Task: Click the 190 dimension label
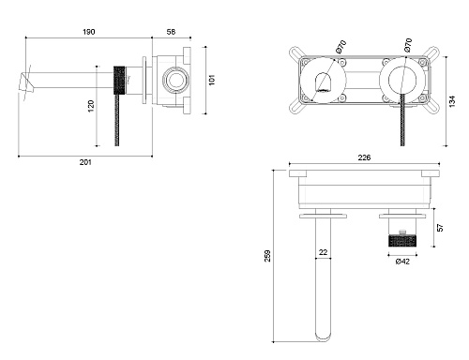pyautogui.click(x=89, y=32)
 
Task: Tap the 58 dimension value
pyautogui.click(x=171, y=32)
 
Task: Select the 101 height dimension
pyautogui.click(x=212, y=80)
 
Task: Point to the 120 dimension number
pyautogui.click(x=91, y=106)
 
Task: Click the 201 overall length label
pyautogui.click(x=85, y=162)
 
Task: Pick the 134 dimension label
pyautogui.click(x=452, y=101)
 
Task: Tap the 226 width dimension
pyautogui.click(x=364, y=157)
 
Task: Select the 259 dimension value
pyautogui.click(x=267, y=256)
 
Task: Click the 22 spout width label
pyautogui.click(x=323, y=252)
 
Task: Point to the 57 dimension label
pyautogui.click(x=440, y=228)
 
